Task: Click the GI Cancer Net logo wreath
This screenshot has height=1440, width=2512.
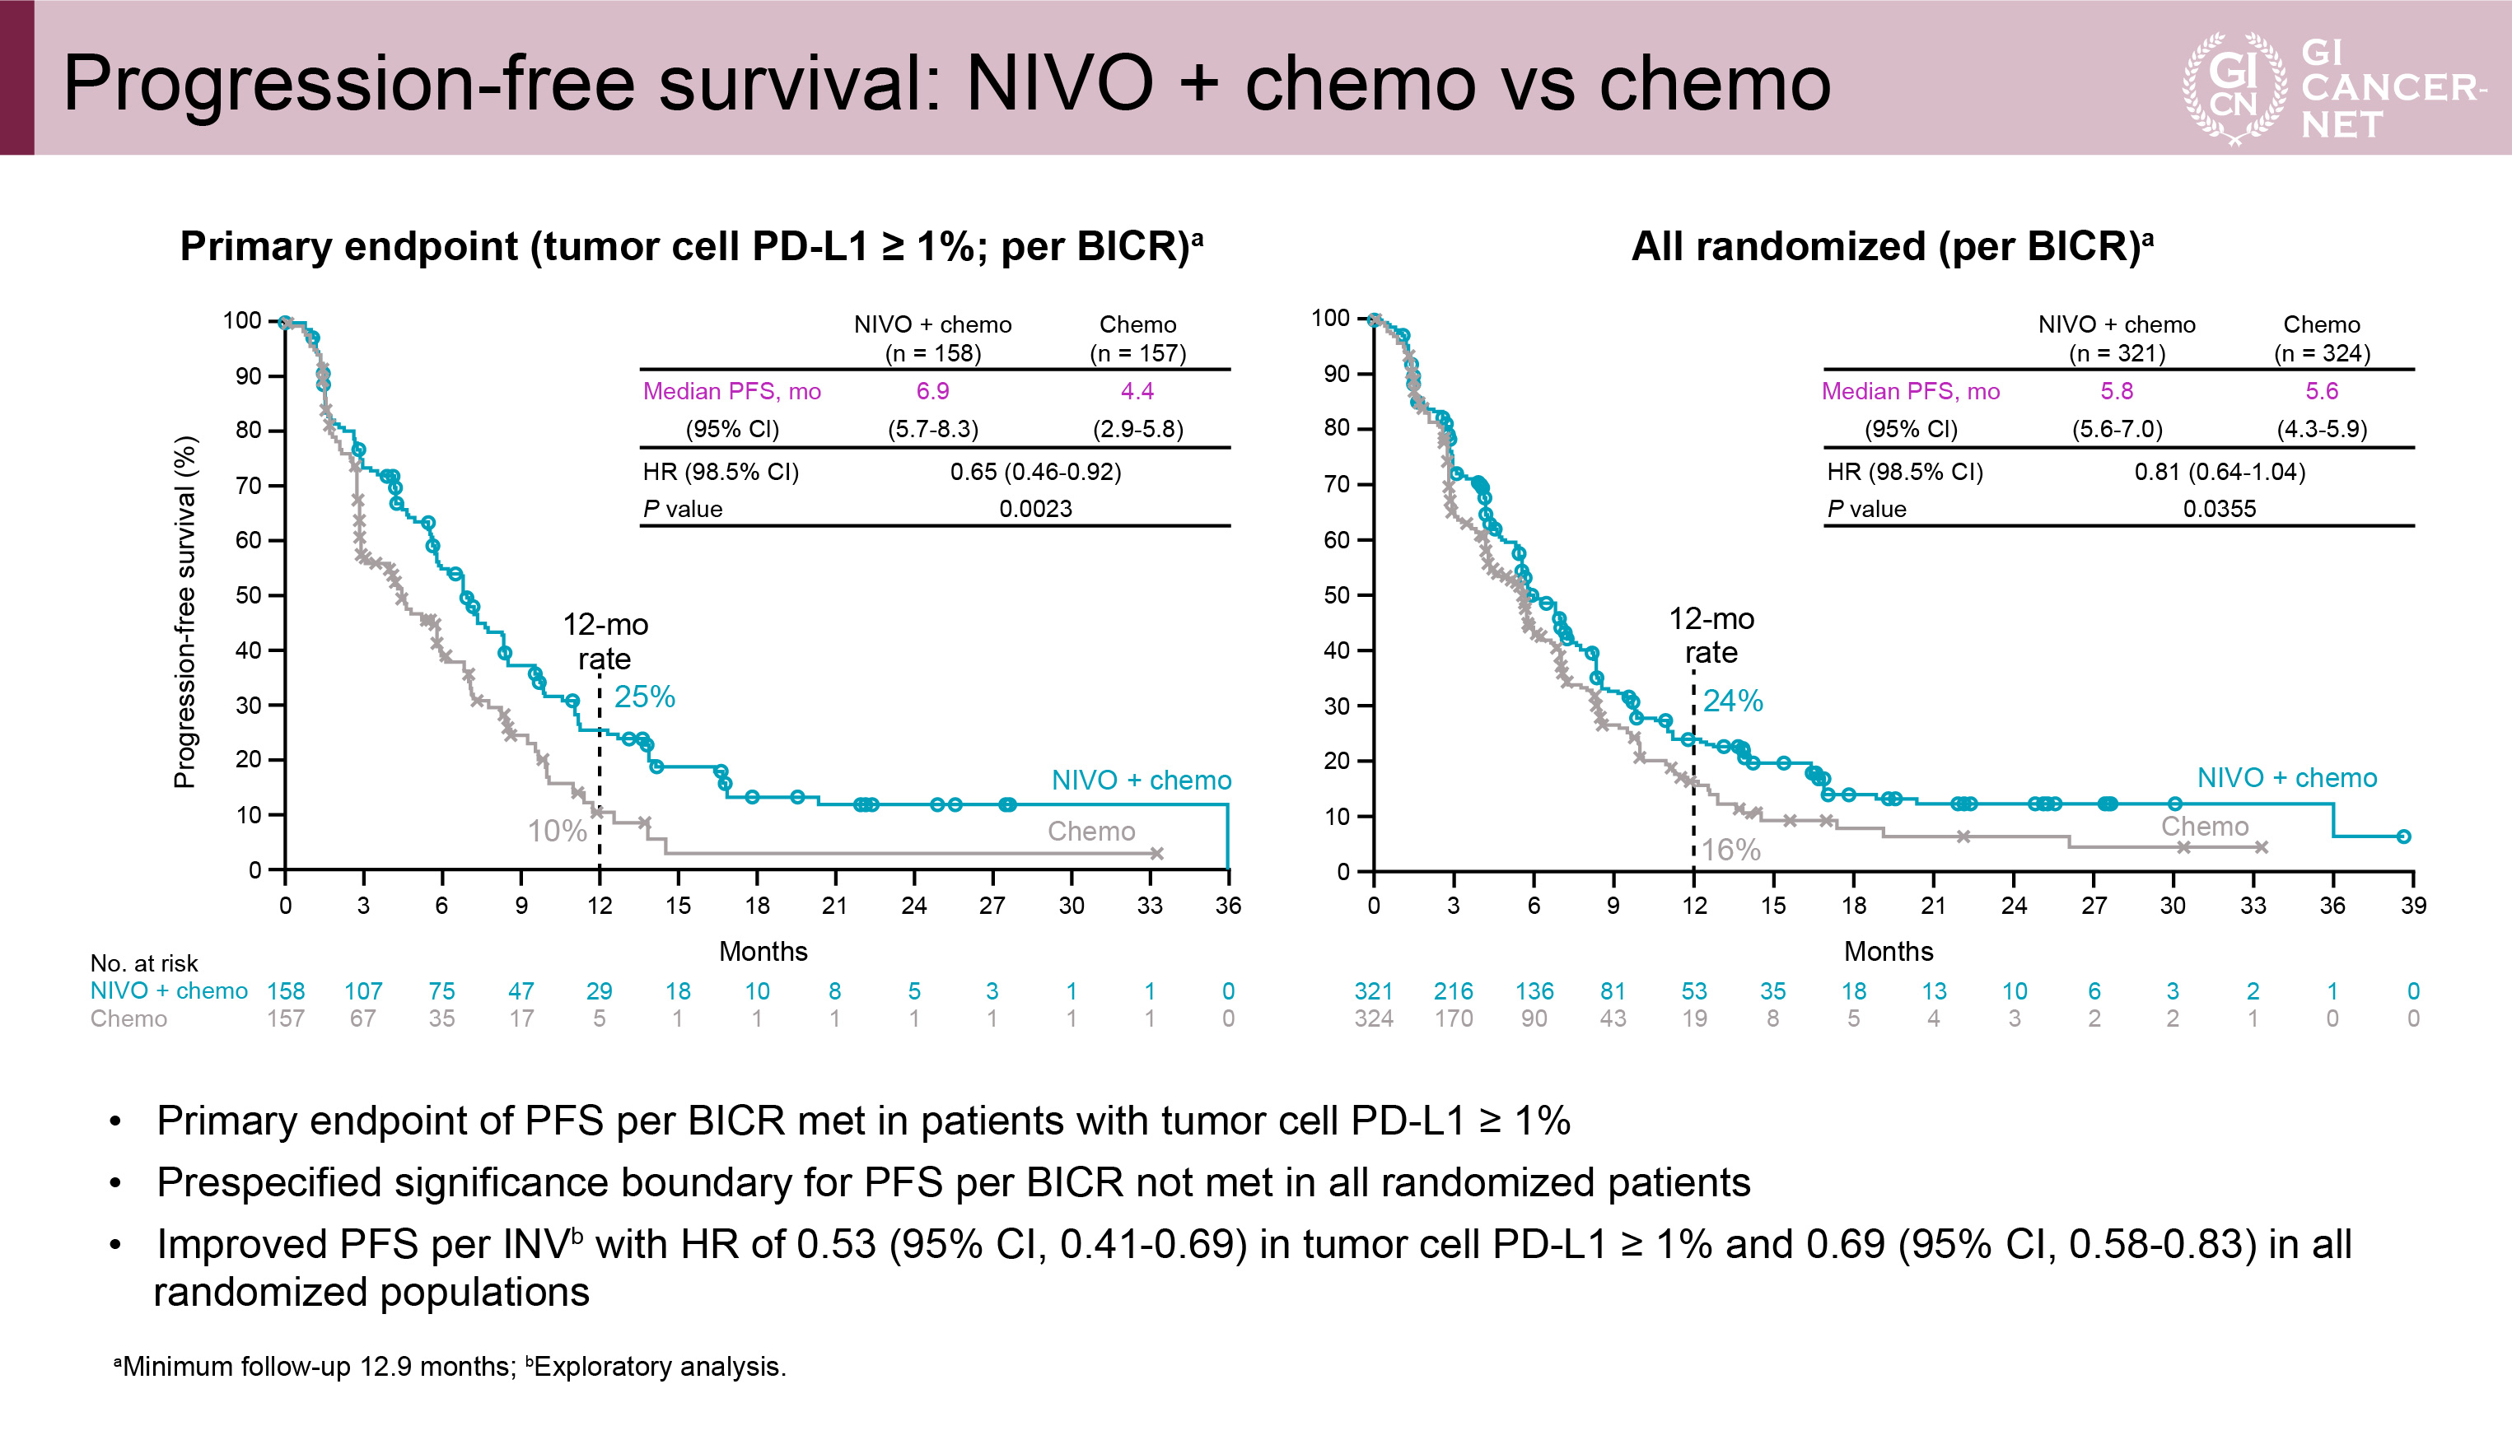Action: (2234, 88)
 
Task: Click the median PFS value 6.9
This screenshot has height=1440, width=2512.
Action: (932, 392)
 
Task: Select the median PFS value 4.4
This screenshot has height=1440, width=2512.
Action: (1137, 392)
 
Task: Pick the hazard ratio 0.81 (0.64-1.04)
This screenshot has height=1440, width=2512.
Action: (2219, 472)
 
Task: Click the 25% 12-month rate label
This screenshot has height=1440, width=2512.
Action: (644, 697)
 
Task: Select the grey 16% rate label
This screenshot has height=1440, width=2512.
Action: (1730, 850)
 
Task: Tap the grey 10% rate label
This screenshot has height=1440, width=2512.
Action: (557, 832)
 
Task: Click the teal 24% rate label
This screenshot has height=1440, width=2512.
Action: (1732, 701)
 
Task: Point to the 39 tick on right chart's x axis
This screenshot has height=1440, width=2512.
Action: (2413, 906)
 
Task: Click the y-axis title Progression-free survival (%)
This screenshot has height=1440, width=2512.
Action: (185, 613)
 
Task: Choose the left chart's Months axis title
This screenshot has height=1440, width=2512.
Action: (763, 952)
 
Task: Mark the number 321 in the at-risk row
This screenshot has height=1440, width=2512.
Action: (1373, 991)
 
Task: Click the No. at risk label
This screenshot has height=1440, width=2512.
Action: (143, 963)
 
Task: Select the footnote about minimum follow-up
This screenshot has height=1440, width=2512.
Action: (451, 1367)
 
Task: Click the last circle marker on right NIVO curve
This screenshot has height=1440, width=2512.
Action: (2403, 837)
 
